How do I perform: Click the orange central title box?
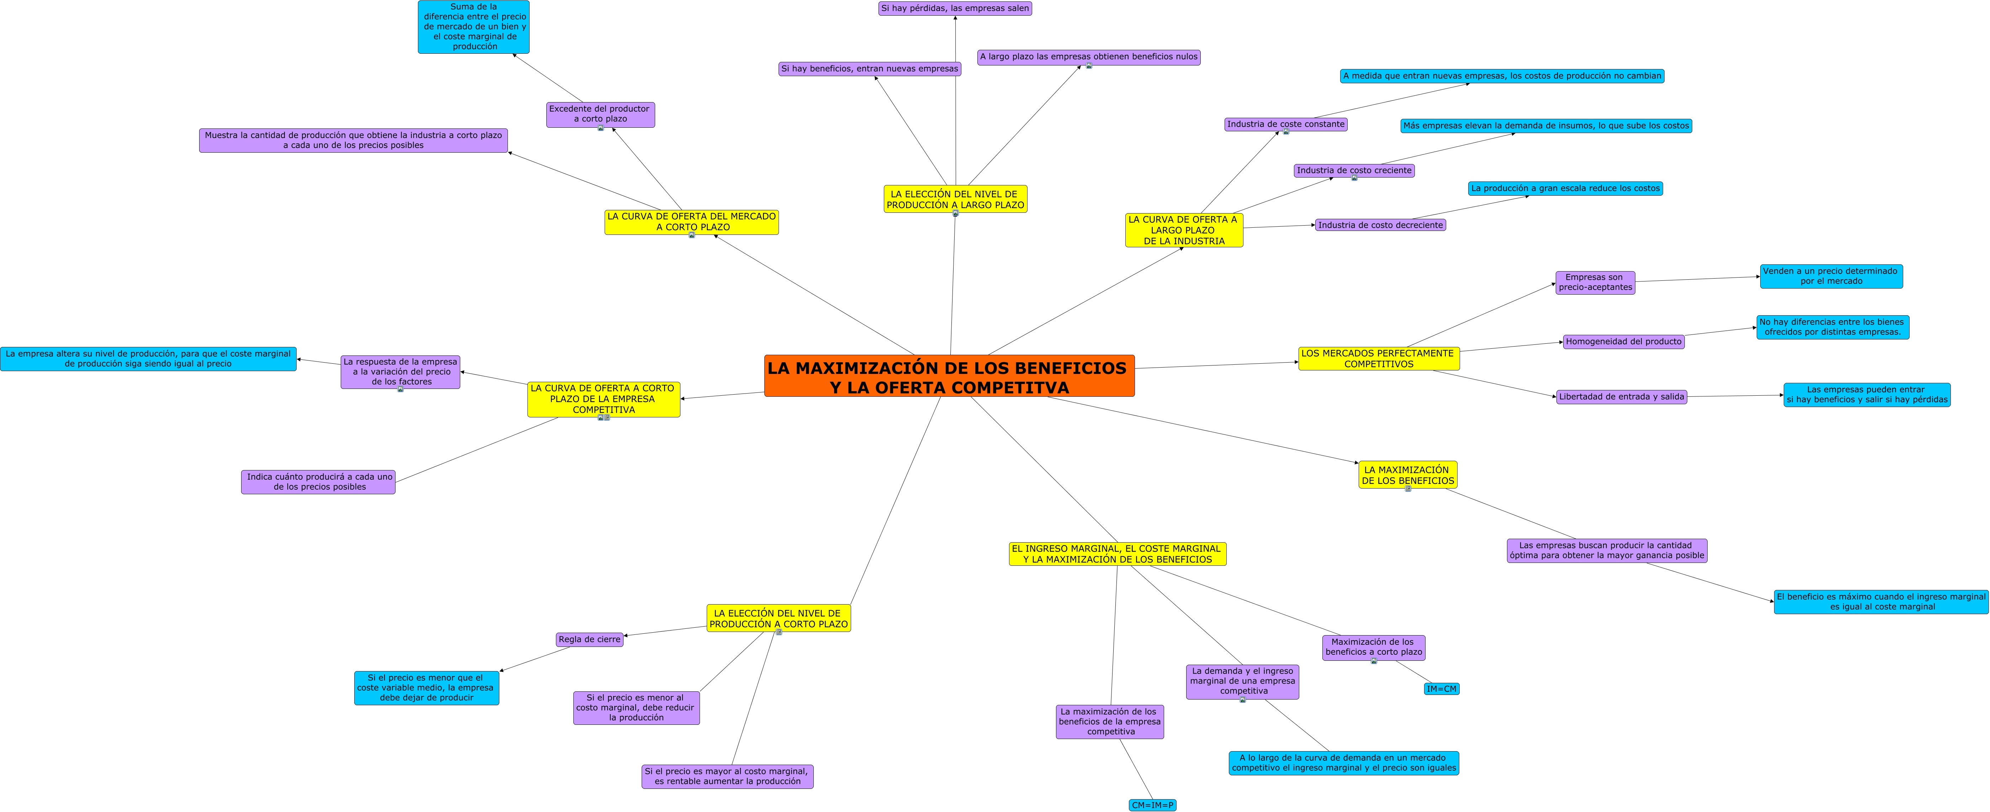point(949,376)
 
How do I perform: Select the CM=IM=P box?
point(1153,805)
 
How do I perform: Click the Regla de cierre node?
point(589,640)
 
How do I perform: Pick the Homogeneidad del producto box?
point(1624,342)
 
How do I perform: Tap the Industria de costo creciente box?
point(1354,171)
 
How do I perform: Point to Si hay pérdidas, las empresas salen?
point(955,9)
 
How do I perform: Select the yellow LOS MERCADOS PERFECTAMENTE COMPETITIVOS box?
point(1379,358)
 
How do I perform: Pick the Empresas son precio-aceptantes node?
point(1595,283)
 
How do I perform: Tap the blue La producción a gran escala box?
point(1565,189)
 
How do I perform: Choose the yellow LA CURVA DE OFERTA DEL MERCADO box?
point(691,222)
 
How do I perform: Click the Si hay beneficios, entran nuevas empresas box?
point(870,69)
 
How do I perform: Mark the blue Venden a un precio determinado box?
point(1831,276)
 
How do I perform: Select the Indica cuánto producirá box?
point(318,482)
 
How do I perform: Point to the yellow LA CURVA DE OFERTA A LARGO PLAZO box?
point(1184,230)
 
